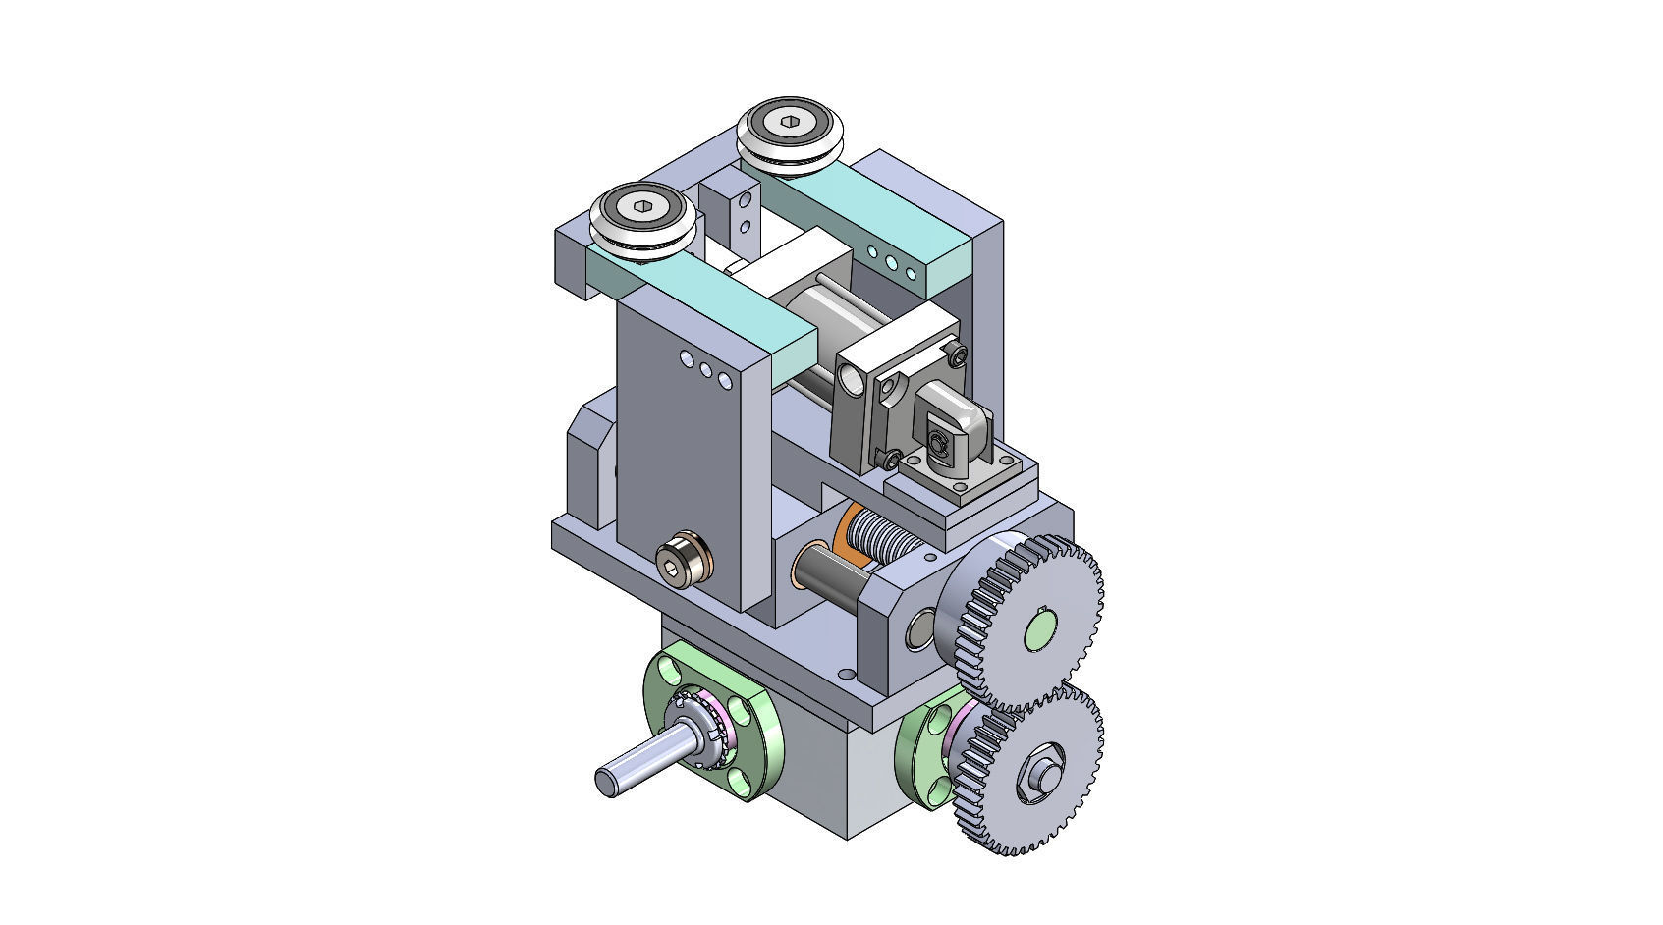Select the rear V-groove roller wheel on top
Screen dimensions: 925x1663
point(792,133)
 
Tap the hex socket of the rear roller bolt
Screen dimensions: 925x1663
point(792,122)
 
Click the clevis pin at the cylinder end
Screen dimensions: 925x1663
point(938,447)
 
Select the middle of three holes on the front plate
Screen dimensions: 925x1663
point(705,369)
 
